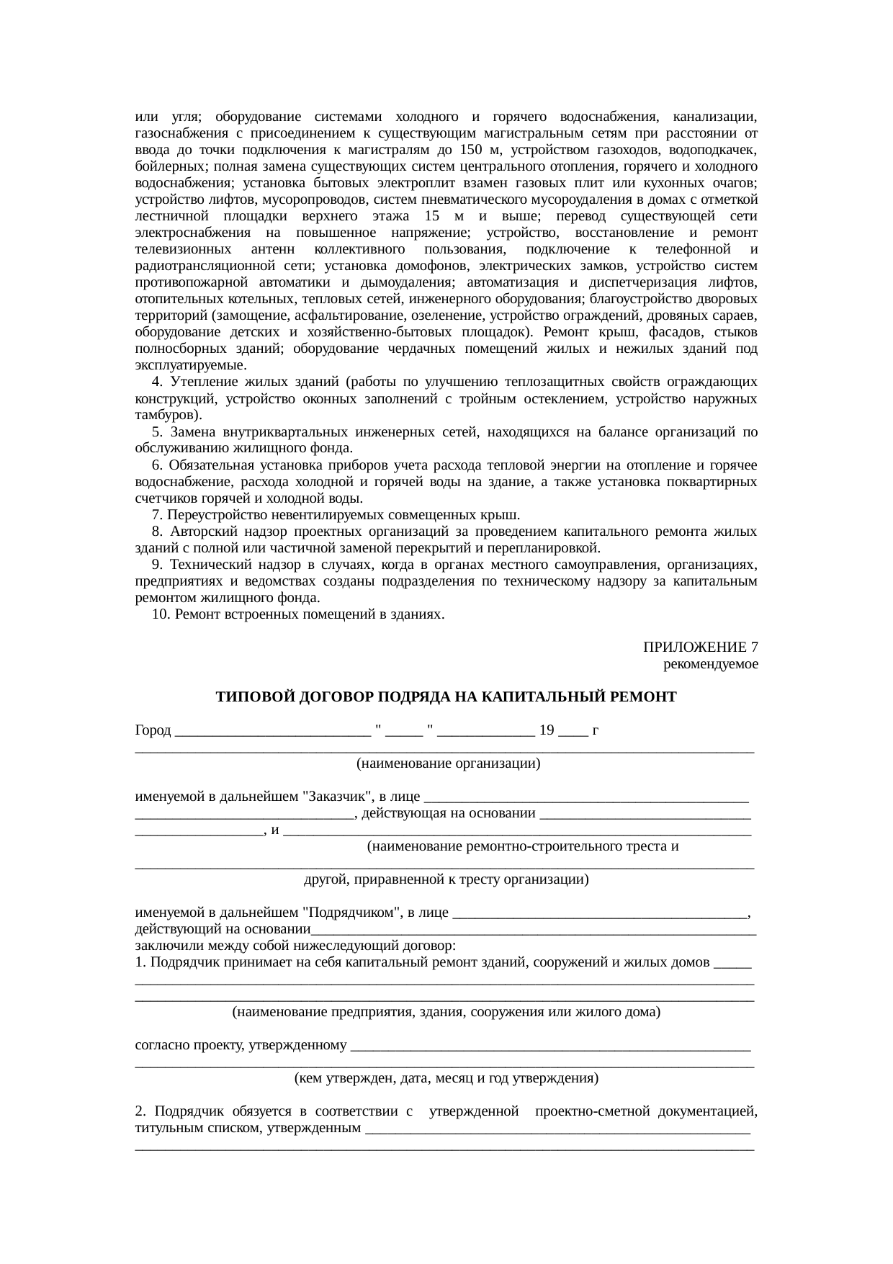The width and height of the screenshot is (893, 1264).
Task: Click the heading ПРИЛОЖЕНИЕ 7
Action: coord(700,647)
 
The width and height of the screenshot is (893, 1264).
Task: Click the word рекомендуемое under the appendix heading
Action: coord(710,663)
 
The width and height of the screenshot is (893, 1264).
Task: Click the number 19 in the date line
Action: coord(547,730)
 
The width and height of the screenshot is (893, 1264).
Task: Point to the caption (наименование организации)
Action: coord(448,763)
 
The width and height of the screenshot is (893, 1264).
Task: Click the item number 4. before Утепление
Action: coord(157,382)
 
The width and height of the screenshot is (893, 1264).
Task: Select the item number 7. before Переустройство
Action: coord(157,515)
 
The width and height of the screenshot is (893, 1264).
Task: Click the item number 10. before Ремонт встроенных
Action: coord(160,614)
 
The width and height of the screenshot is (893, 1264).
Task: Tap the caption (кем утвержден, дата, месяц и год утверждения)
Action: coord(447,1079)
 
